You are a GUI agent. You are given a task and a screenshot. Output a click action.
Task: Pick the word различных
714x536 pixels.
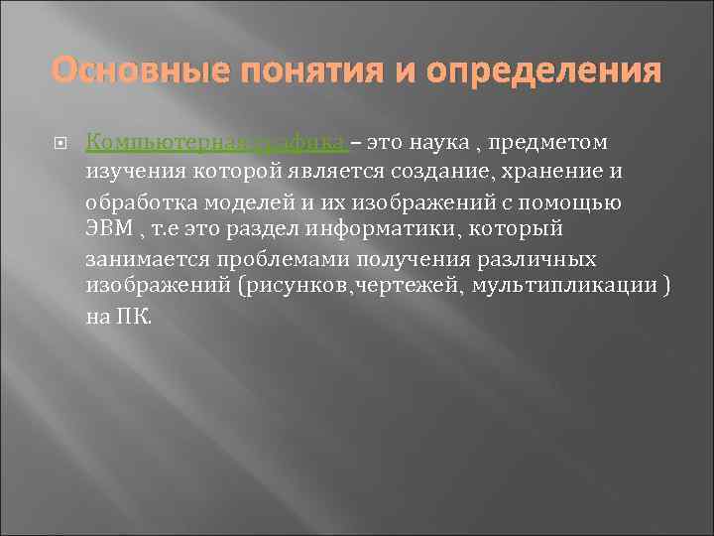click(x=530, y=260)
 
